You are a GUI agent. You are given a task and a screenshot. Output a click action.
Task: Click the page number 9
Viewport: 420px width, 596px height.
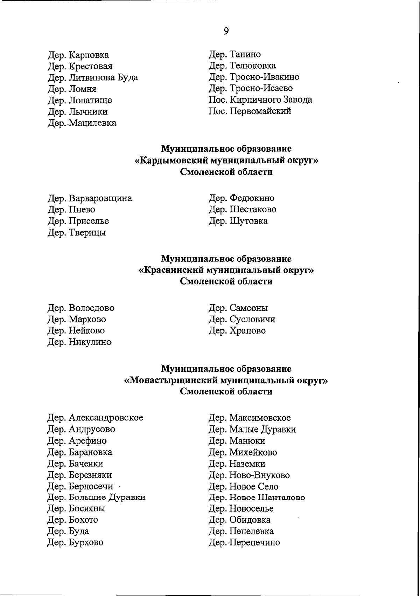226,31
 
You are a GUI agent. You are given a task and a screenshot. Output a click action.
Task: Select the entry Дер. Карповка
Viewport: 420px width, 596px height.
78,55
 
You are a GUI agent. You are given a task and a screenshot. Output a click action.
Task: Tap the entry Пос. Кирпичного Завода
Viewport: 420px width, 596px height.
260,100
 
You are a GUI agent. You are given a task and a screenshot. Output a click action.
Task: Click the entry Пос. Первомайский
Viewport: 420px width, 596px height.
250,111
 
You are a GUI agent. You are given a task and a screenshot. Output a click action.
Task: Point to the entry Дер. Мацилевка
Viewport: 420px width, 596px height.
82,123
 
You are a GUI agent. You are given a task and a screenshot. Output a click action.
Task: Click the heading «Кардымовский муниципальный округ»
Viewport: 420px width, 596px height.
226,161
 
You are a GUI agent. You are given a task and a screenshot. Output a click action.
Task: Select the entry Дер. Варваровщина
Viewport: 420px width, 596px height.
90,198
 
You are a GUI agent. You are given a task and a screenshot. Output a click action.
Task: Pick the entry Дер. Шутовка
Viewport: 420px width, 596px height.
238,221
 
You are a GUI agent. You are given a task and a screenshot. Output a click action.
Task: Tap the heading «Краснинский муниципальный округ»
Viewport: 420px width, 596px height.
226,270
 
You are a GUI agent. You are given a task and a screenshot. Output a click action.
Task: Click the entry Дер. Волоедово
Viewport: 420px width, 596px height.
81,308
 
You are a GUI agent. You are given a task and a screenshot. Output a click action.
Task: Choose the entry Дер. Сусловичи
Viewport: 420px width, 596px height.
242,319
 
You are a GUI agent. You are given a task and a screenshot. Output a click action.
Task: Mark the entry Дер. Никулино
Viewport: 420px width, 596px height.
79,342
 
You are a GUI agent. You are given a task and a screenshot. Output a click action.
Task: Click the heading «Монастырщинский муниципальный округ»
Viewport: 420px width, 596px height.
226,381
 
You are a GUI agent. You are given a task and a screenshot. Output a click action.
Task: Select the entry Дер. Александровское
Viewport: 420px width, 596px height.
95,418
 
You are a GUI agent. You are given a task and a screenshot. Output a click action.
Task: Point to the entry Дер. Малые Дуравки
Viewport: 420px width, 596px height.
252,429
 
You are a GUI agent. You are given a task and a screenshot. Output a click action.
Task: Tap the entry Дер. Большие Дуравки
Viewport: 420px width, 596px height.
96,497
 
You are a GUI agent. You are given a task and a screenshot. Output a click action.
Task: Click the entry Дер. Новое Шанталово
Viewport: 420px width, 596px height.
257,497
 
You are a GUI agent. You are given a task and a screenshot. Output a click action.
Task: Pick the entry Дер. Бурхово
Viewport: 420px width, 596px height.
75,542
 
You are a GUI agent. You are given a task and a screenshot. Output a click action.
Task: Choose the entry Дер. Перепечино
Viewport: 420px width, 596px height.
244,543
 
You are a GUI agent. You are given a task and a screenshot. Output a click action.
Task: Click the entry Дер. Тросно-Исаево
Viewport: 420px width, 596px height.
251,88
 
